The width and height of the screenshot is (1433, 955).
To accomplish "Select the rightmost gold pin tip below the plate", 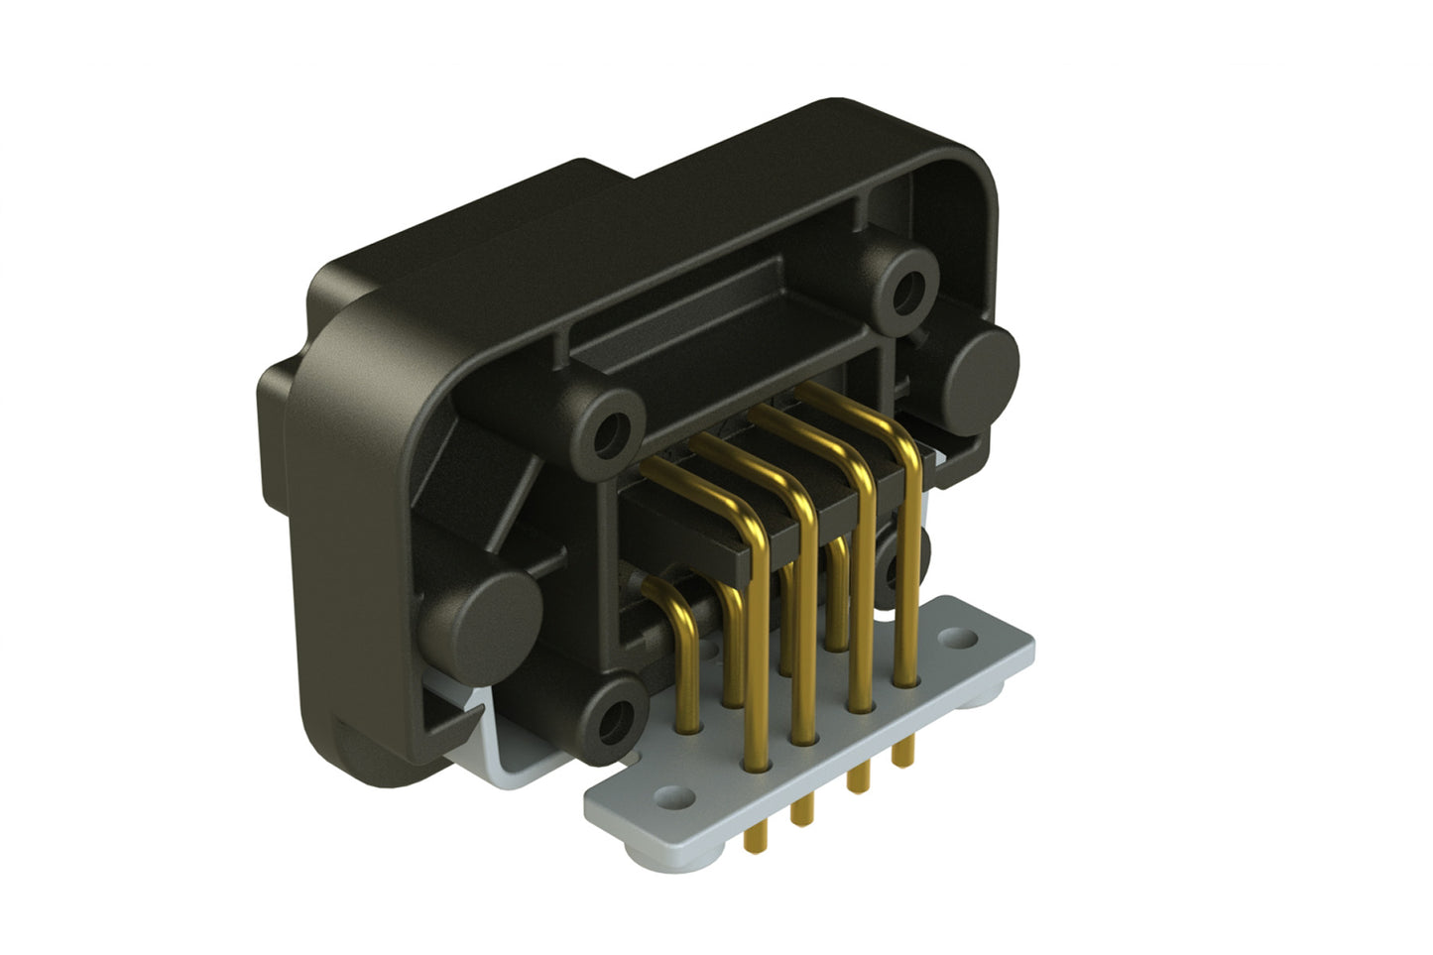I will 901,756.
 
